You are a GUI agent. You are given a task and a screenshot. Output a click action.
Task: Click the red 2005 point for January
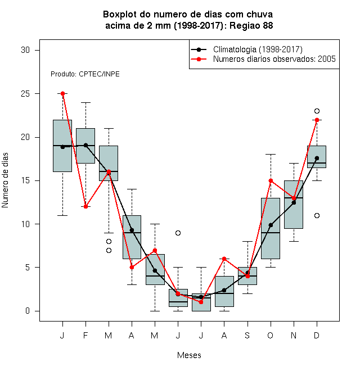(x=63, y=94)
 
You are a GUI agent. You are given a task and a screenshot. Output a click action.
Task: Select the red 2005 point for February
(x=85, y=206)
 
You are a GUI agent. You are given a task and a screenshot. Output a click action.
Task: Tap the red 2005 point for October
(x=271, y=181)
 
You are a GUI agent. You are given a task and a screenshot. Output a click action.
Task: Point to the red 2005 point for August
(x=224, y=259)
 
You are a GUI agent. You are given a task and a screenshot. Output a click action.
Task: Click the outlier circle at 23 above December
(x=317, y=111)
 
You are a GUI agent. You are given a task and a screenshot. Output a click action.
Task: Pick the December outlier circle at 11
(x=317, y=215)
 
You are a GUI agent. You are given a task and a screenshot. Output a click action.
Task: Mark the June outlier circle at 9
(x=178, y=233)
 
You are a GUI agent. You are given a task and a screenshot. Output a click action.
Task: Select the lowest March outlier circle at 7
(x=109, y=250)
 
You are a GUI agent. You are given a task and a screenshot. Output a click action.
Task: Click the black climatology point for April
(x=132, y=230)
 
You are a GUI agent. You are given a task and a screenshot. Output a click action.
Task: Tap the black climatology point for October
(x=271, y=225)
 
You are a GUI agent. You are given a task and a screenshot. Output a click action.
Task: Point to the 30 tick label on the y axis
(x=25, y=50)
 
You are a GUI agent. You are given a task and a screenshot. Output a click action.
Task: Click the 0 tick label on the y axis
(x=28, y=311)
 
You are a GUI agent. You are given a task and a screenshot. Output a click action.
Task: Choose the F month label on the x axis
(x=85, y=335)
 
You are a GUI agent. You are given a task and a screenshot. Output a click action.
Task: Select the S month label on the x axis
(x=247, y=335)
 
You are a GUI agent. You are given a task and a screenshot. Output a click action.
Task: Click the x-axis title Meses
(x=189, y=355)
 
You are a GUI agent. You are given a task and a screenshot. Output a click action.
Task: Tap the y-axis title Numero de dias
(x=5, y=180)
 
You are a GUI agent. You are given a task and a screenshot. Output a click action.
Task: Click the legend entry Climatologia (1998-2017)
(x=258, y=49)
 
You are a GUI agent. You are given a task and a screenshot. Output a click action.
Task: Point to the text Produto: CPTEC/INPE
(x=85, y=74)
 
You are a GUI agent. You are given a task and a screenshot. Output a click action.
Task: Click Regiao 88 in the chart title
(x=251, y=25)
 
